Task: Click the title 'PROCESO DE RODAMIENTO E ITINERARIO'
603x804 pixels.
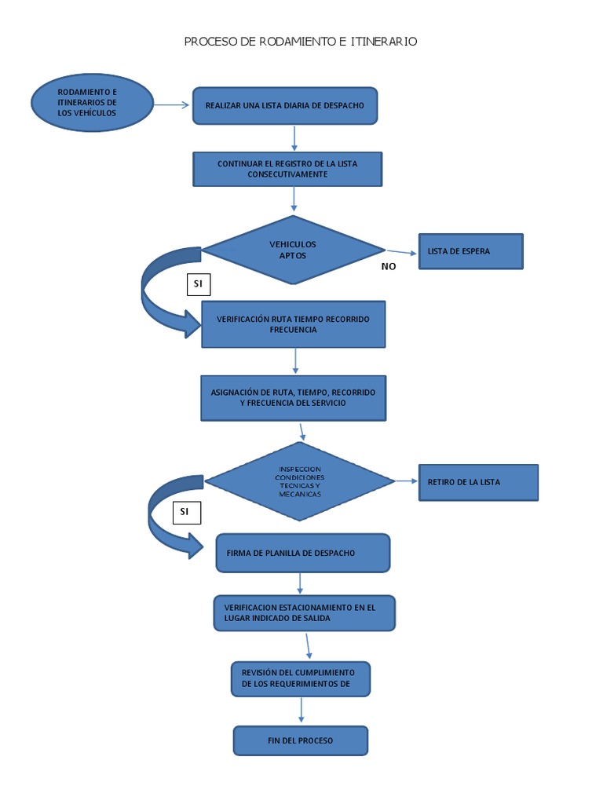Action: [x=301, y=42]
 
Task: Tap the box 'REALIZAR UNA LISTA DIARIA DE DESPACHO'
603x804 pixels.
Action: [x=285, y=105]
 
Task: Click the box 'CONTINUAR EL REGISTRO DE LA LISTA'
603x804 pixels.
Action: [x=287, y=169]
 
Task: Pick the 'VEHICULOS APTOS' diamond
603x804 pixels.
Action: [x=293, y=250]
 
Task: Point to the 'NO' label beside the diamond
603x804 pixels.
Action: [x=389, y=266]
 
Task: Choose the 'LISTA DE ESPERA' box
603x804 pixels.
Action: [x=470, y=251]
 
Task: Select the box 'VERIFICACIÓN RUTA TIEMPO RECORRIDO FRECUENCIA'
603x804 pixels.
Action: [x=294, y=324]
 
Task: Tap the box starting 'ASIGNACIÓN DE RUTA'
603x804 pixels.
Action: [x=294, y=397]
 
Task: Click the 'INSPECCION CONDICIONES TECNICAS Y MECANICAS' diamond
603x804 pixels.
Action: [x=299, y=481]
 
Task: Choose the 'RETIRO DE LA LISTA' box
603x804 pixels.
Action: [x=478, y=482]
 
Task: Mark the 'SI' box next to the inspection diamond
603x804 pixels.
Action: [x=185, y=512]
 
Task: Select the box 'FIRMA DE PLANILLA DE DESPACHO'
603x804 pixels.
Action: [x=302, y=553]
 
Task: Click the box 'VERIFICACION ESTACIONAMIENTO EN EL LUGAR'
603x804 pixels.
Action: [x=304, y=612]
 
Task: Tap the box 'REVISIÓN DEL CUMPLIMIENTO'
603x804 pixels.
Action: [x=300, y=678]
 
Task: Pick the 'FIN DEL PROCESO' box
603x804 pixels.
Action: [x=300, y=740]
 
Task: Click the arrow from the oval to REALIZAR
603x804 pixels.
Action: [x=171, y=104]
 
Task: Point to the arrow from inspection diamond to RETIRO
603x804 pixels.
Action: [x=406, y=481]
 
